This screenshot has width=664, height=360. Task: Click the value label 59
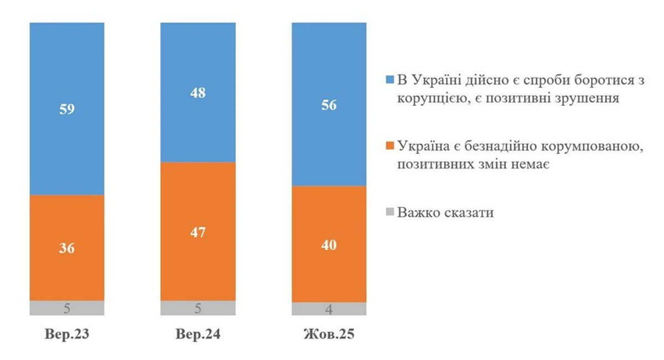[x=66, y=109]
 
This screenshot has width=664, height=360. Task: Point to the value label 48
[x=198, y=93]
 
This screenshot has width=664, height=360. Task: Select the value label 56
[x=329, y=105]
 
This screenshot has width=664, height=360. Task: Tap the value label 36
[x=66, y=248]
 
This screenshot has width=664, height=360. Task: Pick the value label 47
[x=198, y=232]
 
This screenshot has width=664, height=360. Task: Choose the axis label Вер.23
[x=66, y=335]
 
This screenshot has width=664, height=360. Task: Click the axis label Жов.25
[x=329, y=335]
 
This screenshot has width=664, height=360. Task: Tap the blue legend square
[x=390, y=80]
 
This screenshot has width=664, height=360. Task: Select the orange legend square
[x=390, y=146]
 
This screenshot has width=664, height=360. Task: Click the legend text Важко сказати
[x=445, y=213]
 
